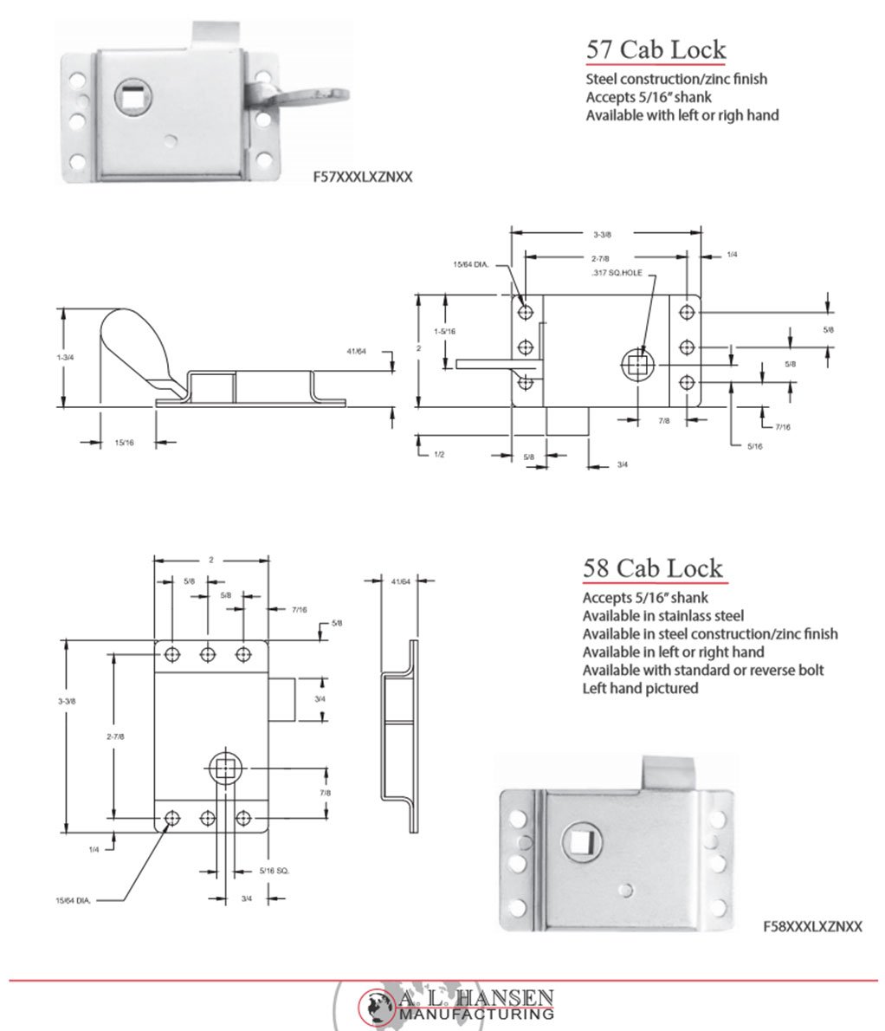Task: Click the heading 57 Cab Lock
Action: point(656,49)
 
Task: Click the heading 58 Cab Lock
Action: point(652,568)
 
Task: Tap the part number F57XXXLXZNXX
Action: point(362,177)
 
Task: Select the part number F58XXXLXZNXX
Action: point(812,925)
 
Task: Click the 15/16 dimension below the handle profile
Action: point(124,443)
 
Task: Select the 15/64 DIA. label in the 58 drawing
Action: point(74,901)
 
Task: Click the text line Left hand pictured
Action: point(640,689)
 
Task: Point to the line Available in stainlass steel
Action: point(662,616)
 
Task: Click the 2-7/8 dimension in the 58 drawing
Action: point(115,736)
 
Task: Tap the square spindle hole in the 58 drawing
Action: point(226,767)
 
